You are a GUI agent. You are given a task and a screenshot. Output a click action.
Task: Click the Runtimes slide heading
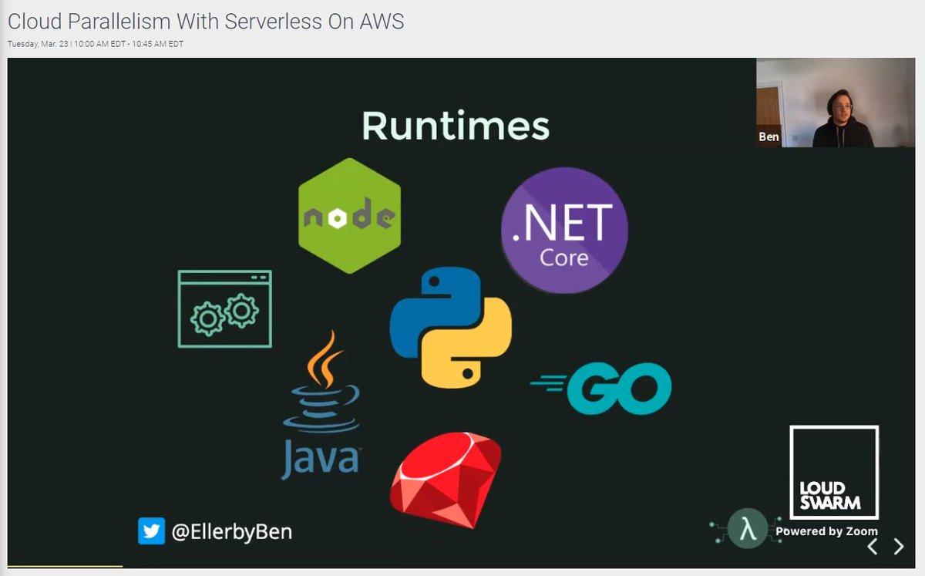tap(456, 126)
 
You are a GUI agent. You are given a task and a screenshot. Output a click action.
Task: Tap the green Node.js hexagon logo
tap(349, 217)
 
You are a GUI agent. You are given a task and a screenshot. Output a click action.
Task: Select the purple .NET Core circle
tap(564, 230)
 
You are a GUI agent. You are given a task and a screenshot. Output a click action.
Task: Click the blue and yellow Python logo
tap(450, 327)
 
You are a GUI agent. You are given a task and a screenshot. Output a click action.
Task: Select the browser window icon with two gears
tap(224, 308)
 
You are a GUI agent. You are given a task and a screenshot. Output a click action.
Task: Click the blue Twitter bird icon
tap(151, 531)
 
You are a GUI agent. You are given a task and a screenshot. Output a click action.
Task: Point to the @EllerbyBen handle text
tap(231, 531)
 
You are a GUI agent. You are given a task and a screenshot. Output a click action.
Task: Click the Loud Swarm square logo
tap(834, 472)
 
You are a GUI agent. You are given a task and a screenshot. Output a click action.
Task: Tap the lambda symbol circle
tap(747, 528)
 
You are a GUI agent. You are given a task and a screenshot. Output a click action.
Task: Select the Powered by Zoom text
tap(826, 531)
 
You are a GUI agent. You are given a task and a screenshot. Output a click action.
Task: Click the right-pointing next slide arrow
tap(898, 547)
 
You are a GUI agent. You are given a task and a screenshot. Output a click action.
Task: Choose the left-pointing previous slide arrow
tap(873, 547)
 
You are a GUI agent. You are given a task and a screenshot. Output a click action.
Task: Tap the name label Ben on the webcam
tap(769, 137)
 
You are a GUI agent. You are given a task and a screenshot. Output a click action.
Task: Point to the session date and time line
tap(96, 44)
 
